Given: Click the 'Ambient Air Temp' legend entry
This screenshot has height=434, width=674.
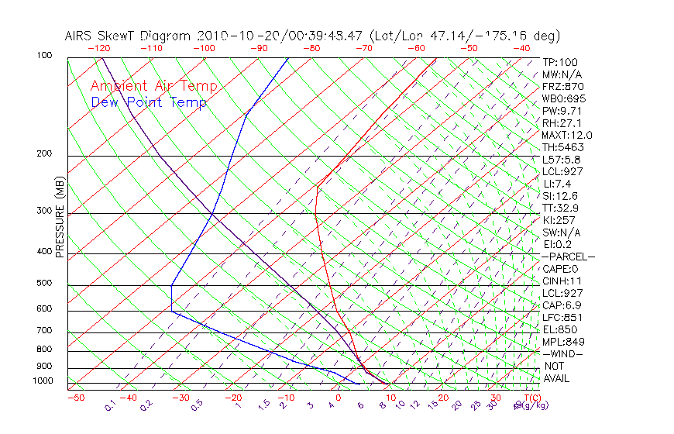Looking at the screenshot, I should (x=154, y=86).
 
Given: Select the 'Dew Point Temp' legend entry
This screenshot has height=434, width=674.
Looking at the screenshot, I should (x=149, y=103).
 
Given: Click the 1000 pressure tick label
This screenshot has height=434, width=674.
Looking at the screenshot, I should (x=43, y=381).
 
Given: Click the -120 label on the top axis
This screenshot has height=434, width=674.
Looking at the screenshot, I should (x=98, y=48).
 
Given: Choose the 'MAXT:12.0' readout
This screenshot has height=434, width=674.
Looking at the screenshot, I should (x=567, y=135).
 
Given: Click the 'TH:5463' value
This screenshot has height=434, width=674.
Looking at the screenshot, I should (x=562, y=147).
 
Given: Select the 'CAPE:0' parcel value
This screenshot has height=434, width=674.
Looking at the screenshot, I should (x=560, y=268).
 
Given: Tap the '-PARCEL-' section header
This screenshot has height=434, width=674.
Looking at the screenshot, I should (x=568, y=257).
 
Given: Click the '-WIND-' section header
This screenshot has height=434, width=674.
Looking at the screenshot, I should (x=562, y=353).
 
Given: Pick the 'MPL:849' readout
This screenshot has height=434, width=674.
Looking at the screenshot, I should (x=562, y=341).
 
